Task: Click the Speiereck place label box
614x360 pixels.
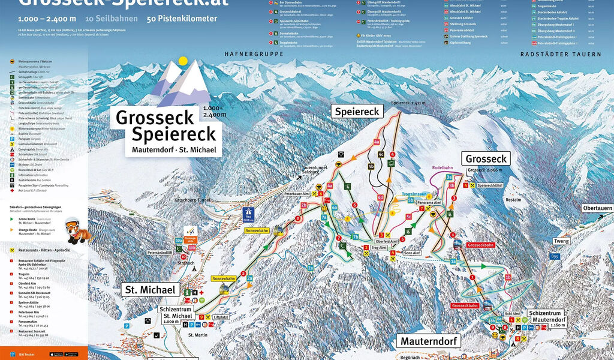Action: (357, 112)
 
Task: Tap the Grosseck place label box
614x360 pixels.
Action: (485, 159)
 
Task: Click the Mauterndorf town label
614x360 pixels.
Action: (429, 341)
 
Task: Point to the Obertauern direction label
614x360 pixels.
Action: (597, 208)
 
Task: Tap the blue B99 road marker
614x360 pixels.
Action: (554, 256)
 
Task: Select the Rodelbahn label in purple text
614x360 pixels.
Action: (443, 168)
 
